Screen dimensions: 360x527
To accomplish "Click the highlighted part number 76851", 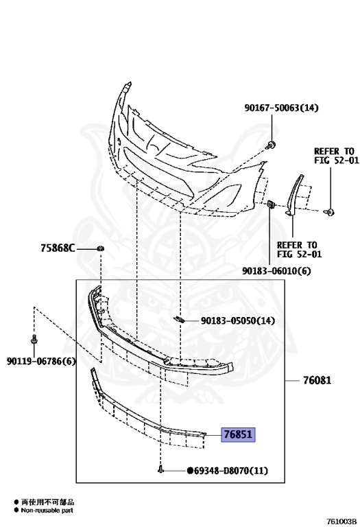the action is coord(238,434).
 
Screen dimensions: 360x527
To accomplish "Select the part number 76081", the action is coord(317,380).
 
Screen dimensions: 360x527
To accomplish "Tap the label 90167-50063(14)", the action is coord(281,108).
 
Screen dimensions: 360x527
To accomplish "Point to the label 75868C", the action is coord(58,248).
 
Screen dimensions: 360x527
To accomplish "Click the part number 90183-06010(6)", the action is coord(276,270).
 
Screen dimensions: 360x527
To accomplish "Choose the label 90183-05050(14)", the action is coord(238,320).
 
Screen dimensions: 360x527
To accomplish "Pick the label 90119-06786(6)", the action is coord(41,362).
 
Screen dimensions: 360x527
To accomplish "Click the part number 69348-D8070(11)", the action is coord(231,471).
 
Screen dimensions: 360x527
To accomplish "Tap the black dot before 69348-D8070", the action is coord(190,471).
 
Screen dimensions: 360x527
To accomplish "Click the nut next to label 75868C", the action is coord(100,248).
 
